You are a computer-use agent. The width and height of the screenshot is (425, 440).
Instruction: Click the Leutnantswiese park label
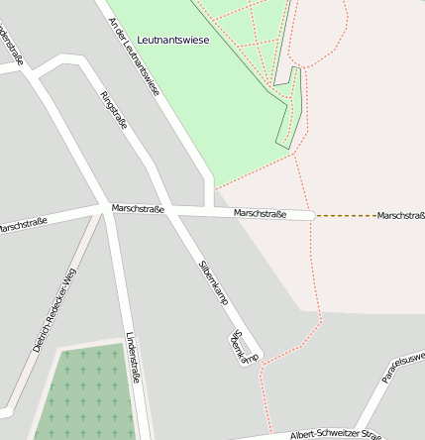click(x=172, y=40)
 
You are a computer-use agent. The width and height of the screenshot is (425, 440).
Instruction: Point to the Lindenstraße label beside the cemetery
click(x=132, y=363)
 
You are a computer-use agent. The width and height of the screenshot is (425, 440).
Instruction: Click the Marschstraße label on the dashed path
click(x=400, y=215)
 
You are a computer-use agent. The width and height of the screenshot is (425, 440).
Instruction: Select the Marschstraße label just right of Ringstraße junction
click(x=138, y=209)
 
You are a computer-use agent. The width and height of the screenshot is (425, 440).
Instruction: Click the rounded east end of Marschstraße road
click(x=310, y=215)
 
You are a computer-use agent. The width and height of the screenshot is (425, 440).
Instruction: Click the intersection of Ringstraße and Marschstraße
click(x=107, y=207)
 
